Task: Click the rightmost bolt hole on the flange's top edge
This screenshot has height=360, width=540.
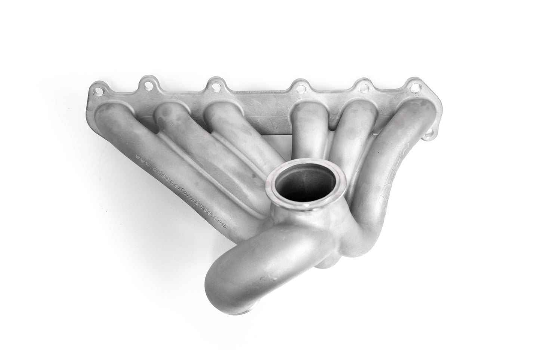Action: [x=415, y=87]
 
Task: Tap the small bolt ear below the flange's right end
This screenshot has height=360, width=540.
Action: [x=431, y=132]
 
